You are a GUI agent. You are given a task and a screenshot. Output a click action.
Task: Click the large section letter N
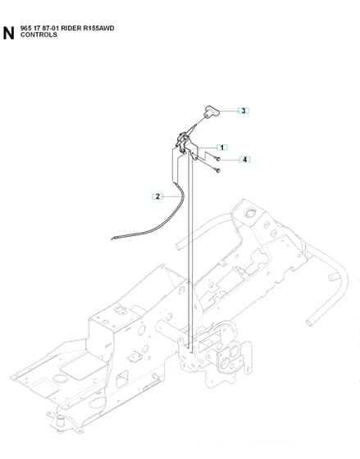click(x=8, y=33)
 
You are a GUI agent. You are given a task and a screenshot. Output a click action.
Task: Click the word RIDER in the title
click(x=71, y=29)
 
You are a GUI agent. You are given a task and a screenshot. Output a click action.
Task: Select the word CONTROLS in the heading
click(x=39, y=34)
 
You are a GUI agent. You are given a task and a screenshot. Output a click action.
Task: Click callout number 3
click(x=244, y=111)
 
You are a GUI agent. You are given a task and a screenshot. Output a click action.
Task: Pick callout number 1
click(x=222, y=148)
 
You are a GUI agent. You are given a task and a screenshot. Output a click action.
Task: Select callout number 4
click(x=245, y=160)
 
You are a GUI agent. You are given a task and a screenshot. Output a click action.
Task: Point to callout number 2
click(x=157, y=197)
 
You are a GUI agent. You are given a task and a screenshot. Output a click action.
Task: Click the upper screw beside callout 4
click(x=218, y=159)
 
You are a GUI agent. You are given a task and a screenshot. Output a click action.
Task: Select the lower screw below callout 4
click(x=217, y=170)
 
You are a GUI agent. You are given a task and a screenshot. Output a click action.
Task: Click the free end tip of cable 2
click(x=112, y=239)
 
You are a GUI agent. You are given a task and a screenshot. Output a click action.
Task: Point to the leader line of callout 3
click(x=229, y=111)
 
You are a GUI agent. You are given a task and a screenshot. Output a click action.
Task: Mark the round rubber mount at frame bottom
click(x=61, y=422)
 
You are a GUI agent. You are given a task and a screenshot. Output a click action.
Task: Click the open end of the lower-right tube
click(x=308, y=323)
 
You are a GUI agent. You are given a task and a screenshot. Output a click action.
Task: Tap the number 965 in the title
click(x=25, y=29)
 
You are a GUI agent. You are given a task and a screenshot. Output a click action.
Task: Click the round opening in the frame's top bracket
click(x=249, y=213)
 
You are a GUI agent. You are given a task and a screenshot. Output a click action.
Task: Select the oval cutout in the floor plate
click(x=61, y=379)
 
